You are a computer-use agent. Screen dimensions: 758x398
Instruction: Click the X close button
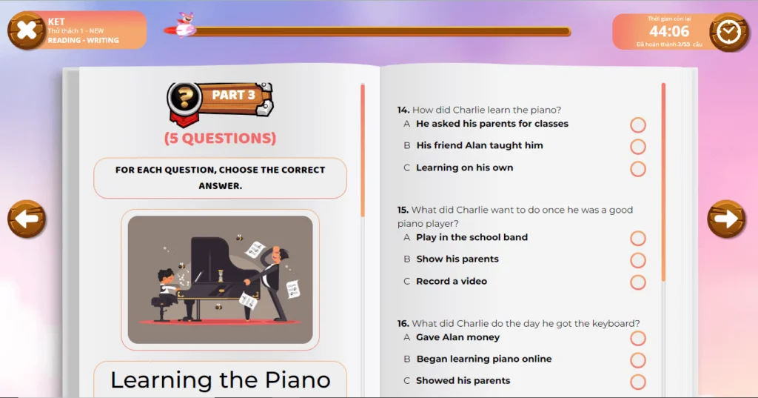27,30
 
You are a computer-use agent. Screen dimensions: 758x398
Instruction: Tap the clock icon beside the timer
728,32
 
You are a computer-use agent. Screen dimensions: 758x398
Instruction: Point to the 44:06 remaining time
669,31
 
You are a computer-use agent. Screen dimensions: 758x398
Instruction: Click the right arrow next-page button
727,219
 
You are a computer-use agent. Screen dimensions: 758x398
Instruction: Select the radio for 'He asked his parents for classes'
637,125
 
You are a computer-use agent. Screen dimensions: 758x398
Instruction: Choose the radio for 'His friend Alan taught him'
637,147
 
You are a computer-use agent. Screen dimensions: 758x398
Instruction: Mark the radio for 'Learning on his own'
637,169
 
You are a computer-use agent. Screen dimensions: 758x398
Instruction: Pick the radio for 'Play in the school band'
637,238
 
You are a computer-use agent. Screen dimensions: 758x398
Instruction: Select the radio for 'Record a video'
637,282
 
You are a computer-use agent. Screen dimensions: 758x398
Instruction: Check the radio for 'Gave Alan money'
637,339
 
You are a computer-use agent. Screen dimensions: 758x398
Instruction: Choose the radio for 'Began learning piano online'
637,360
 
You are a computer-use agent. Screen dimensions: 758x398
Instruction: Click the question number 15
403,210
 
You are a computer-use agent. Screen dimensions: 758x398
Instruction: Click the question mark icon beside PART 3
184,97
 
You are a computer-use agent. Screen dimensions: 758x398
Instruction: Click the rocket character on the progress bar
183,26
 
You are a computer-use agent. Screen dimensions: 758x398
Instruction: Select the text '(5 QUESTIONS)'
220,138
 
